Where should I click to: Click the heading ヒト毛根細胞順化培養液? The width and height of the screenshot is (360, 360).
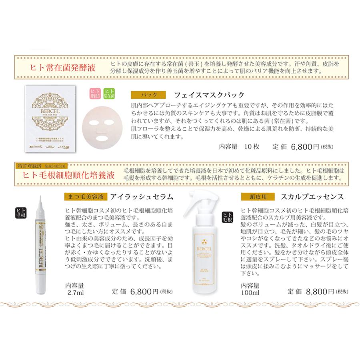[69, 175]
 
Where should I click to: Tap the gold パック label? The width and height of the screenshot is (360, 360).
[148, 95]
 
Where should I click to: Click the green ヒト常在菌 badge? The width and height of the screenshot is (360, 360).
[109, 94]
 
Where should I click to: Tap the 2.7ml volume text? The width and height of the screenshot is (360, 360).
[76, 292]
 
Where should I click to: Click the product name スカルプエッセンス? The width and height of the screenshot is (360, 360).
[312, 197]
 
